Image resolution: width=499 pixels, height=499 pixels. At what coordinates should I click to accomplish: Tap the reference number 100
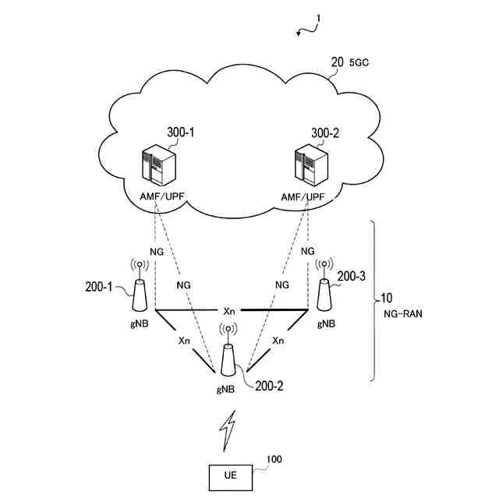274,460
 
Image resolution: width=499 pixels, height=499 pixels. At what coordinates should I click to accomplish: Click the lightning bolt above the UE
228,431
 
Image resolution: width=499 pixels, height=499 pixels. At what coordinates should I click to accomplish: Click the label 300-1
180,134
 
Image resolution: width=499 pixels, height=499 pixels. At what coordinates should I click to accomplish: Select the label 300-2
325,134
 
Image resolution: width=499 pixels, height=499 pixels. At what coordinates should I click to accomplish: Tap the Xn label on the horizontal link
229,310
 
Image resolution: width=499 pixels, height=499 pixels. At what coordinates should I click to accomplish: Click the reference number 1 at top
319,18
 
